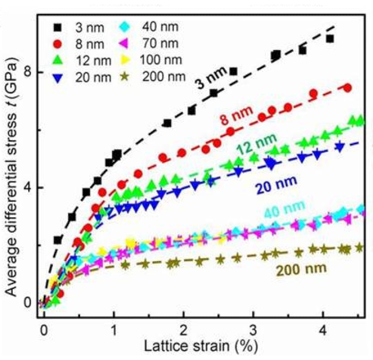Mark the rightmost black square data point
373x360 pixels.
330,38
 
